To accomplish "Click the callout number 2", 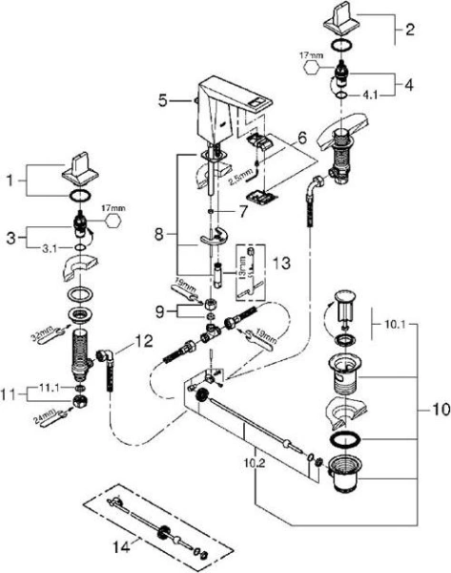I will (410, 30).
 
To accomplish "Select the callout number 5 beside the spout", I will (163, 97).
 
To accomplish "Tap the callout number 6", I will (303, 138).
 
